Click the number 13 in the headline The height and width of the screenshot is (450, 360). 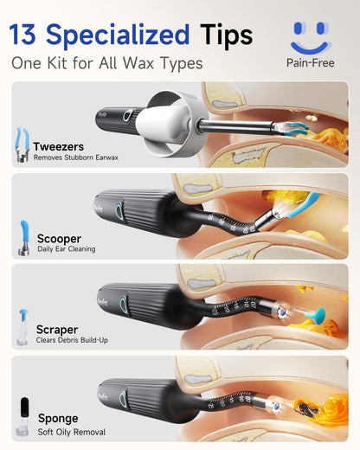22,35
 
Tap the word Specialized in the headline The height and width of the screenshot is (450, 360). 118,36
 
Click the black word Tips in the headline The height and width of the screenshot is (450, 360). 227,36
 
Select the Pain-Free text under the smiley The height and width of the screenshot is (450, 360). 311,63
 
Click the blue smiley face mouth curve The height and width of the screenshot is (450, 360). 311,48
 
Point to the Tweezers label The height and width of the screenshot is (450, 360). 59,146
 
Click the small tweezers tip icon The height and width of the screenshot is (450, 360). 22,145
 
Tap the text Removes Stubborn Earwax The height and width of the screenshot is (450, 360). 76,157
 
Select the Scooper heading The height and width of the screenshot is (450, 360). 59,239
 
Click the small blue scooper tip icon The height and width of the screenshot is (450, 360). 24,238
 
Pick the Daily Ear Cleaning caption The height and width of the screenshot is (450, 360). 67,249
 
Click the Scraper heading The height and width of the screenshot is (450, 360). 57,330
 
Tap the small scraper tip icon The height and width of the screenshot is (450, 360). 22,327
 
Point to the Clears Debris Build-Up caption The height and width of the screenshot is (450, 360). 72,340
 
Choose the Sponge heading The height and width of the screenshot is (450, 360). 58,419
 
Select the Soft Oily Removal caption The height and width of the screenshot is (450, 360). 72,432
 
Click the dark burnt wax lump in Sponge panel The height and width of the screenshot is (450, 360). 307,408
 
